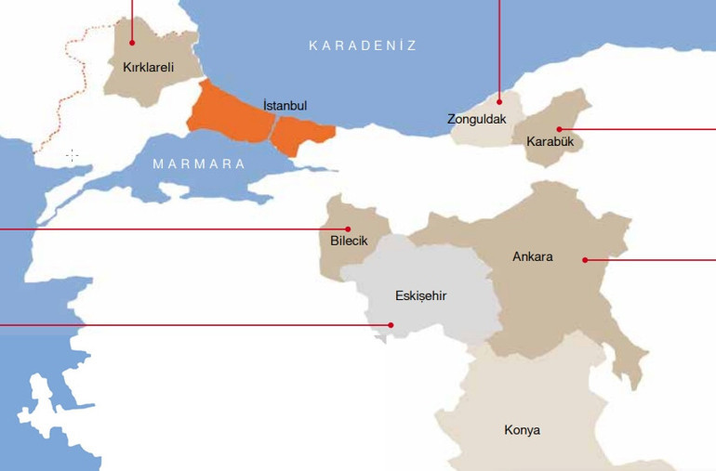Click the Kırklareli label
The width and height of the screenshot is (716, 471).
[149, 67]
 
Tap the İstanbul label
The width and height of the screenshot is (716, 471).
[285, 106]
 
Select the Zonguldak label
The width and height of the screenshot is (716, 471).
[476, 119]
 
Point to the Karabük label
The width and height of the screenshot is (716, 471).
[549, 142]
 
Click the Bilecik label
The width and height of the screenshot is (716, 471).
[350, 242]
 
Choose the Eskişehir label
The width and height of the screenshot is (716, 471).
[420, 296]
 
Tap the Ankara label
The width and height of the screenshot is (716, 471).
[533, 256]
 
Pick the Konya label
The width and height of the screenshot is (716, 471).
[522, 430]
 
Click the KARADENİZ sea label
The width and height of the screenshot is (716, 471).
[363, 45]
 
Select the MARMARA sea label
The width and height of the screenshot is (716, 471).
[199, 164]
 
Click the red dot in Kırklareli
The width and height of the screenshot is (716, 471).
[132, 42]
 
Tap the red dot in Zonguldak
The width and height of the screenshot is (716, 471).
[499, 100]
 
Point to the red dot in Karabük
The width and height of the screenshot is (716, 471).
[559, 128]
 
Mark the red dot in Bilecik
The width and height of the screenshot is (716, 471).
[348, 228]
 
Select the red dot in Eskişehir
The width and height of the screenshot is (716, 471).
[391, 325]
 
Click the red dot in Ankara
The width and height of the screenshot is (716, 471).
[584, 259]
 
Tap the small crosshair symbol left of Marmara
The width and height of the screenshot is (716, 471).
[72, 155]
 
